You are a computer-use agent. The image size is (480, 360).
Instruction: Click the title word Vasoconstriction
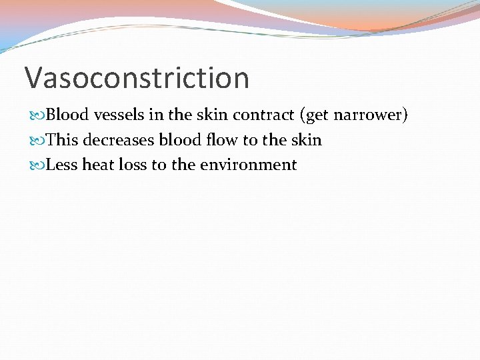pyautogui.click(x=137, y=78)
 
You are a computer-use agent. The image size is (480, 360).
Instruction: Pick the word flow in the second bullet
pyautogui.click(x=223, y=140)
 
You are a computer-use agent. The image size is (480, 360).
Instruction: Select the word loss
pyautogui.click(x=131, y=165)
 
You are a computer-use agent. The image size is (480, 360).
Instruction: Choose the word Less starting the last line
pyautogui.click(x=62, y=165)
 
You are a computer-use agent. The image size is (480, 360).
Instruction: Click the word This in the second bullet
pyautogui.click(x=63, y=140)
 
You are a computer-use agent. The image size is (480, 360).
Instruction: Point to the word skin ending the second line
pyautogui.click(x=305, y=140)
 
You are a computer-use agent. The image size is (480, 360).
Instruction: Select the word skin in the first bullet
pyautogui.click(x=212, y=115)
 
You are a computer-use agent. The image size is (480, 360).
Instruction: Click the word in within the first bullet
pyautogui.click(x=156, y=115)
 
